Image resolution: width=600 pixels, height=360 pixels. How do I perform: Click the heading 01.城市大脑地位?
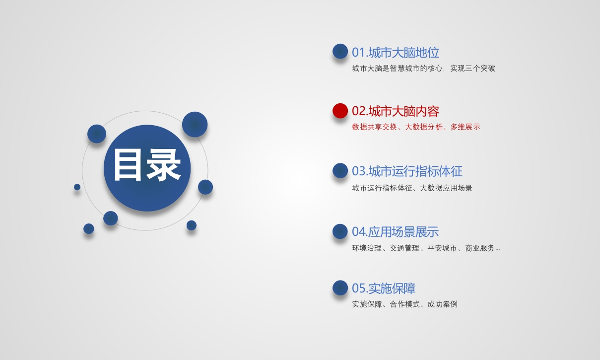point(396,52)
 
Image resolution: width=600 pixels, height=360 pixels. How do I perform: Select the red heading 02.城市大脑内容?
point(396,111)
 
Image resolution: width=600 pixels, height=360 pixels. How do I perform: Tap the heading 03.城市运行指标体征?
point(407,171)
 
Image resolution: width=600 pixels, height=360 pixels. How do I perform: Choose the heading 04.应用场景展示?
point(395,231)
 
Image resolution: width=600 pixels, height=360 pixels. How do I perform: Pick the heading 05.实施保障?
point(384,288)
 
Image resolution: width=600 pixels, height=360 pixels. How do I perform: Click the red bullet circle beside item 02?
point(340,111)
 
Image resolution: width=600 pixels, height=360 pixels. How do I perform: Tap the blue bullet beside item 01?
point(340,51)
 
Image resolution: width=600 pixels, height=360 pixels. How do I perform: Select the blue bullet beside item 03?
point(340,170)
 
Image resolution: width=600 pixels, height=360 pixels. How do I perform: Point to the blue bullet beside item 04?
point(340,231)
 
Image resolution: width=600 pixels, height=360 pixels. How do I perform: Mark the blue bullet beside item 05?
point(340,288)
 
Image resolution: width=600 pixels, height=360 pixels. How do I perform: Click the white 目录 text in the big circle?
point(147,165)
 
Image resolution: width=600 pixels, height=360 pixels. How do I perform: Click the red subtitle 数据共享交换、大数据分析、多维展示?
point(416,127)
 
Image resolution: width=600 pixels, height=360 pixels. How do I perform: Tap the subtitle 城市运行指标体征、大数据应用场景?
point(412,188)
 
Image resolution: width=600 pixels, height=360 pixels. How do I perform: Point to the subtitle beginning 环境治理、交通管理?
point(426,248)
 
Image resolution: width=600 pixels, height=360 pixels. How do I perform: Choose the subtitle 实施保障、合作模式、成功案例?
point(404,304)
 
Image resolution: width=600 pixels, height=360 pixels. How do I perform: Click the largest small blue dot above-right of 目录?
point(195,124)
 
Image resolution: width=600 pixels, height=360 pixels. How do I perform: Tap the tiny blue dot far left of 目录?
point(77,187)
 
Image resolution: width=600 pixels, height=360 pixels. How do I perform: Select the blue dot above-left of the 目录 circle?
point(97,134)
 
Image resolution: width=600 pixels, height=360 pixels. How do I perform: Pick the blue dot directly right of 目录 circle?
point(205,187)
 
